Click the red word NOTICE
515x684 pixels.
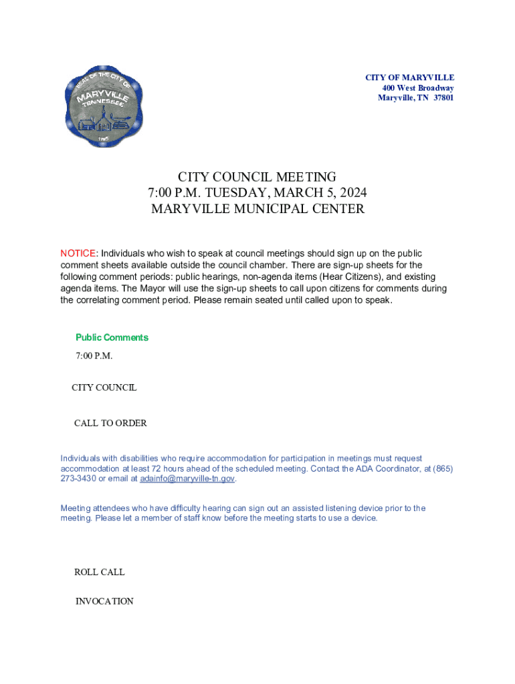pos(78,254)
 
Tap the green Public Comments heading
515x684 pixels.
pos(112,337)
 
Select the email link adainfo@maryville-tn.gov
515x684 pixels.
pos(187,479)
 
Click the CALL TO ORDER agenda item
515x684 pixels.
pos(110,423)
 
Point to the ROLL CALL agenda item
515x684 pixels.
pos(99,572)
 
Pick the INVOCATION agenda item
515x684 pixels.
pos(104,601)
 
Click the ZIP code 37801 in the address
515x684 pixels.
pos(442,98)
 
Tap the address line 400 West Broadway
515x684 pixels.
pos(418,88)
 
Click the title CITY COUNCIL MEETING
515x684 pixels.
pos(257,177)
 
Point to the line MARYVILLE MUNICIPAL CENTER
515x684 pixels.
pos(257,209)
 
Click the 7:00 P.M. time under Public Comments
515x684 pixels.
pos(94,355)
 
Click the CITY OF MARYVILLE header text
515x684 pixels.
pos(409,78)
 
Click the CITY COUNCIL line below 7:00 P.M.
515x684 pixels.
pos(104,387)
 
